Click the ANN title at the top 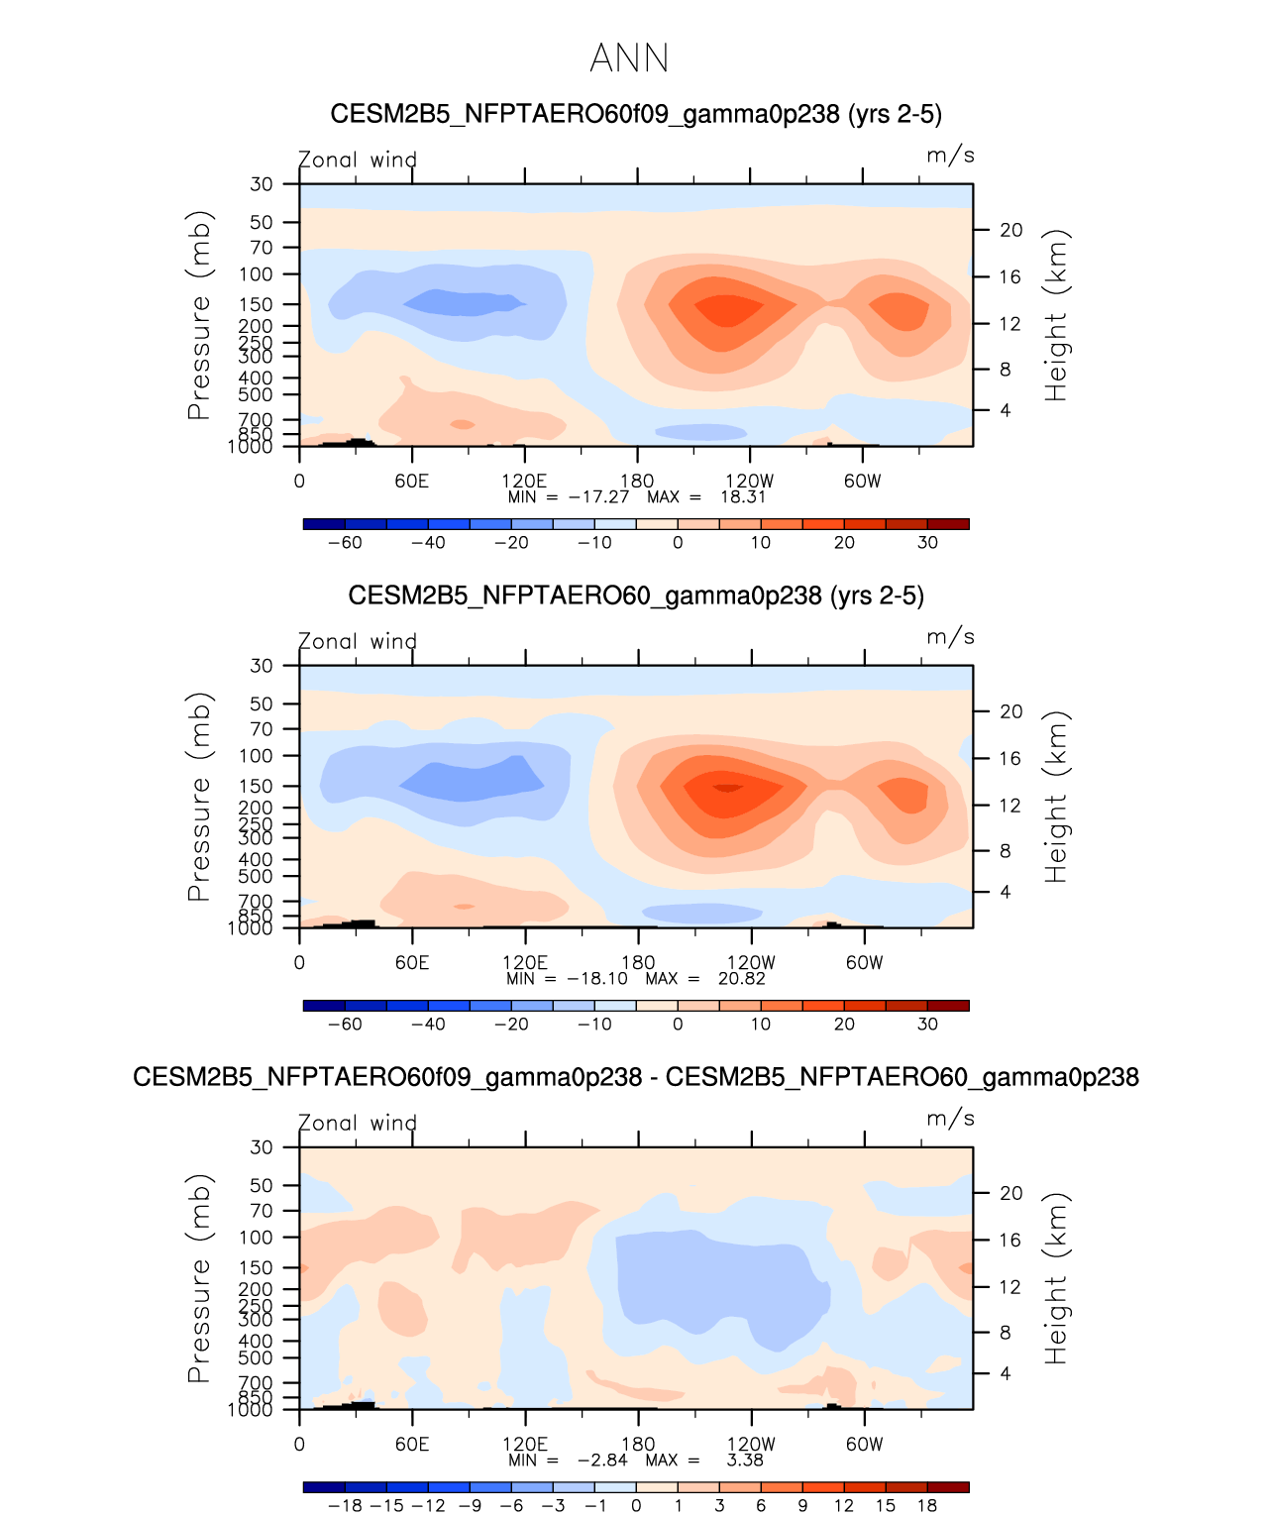coord(629,58)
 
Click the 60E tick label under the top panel coord(411,482)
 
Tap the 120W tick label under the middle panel coord(751,963)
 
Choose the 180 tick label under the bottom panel coord(638,1445)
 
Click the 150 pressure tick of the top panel coord(256,304)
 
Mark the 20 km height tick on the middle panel coord(1010,711)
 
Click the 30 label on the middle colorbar coord(927,1025)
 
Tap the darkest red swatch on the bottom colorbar coord(948,1487)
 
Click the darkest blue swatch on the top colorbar coord(325,524)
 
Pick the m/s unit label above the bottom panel coord(950,1119)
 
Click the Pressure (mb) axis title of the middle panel coord(199,797)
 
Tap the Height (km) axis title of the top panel coord(1057,315)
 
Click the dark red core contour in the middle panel coord(728,788)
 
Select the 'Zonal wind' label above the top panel coord(358,160)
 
